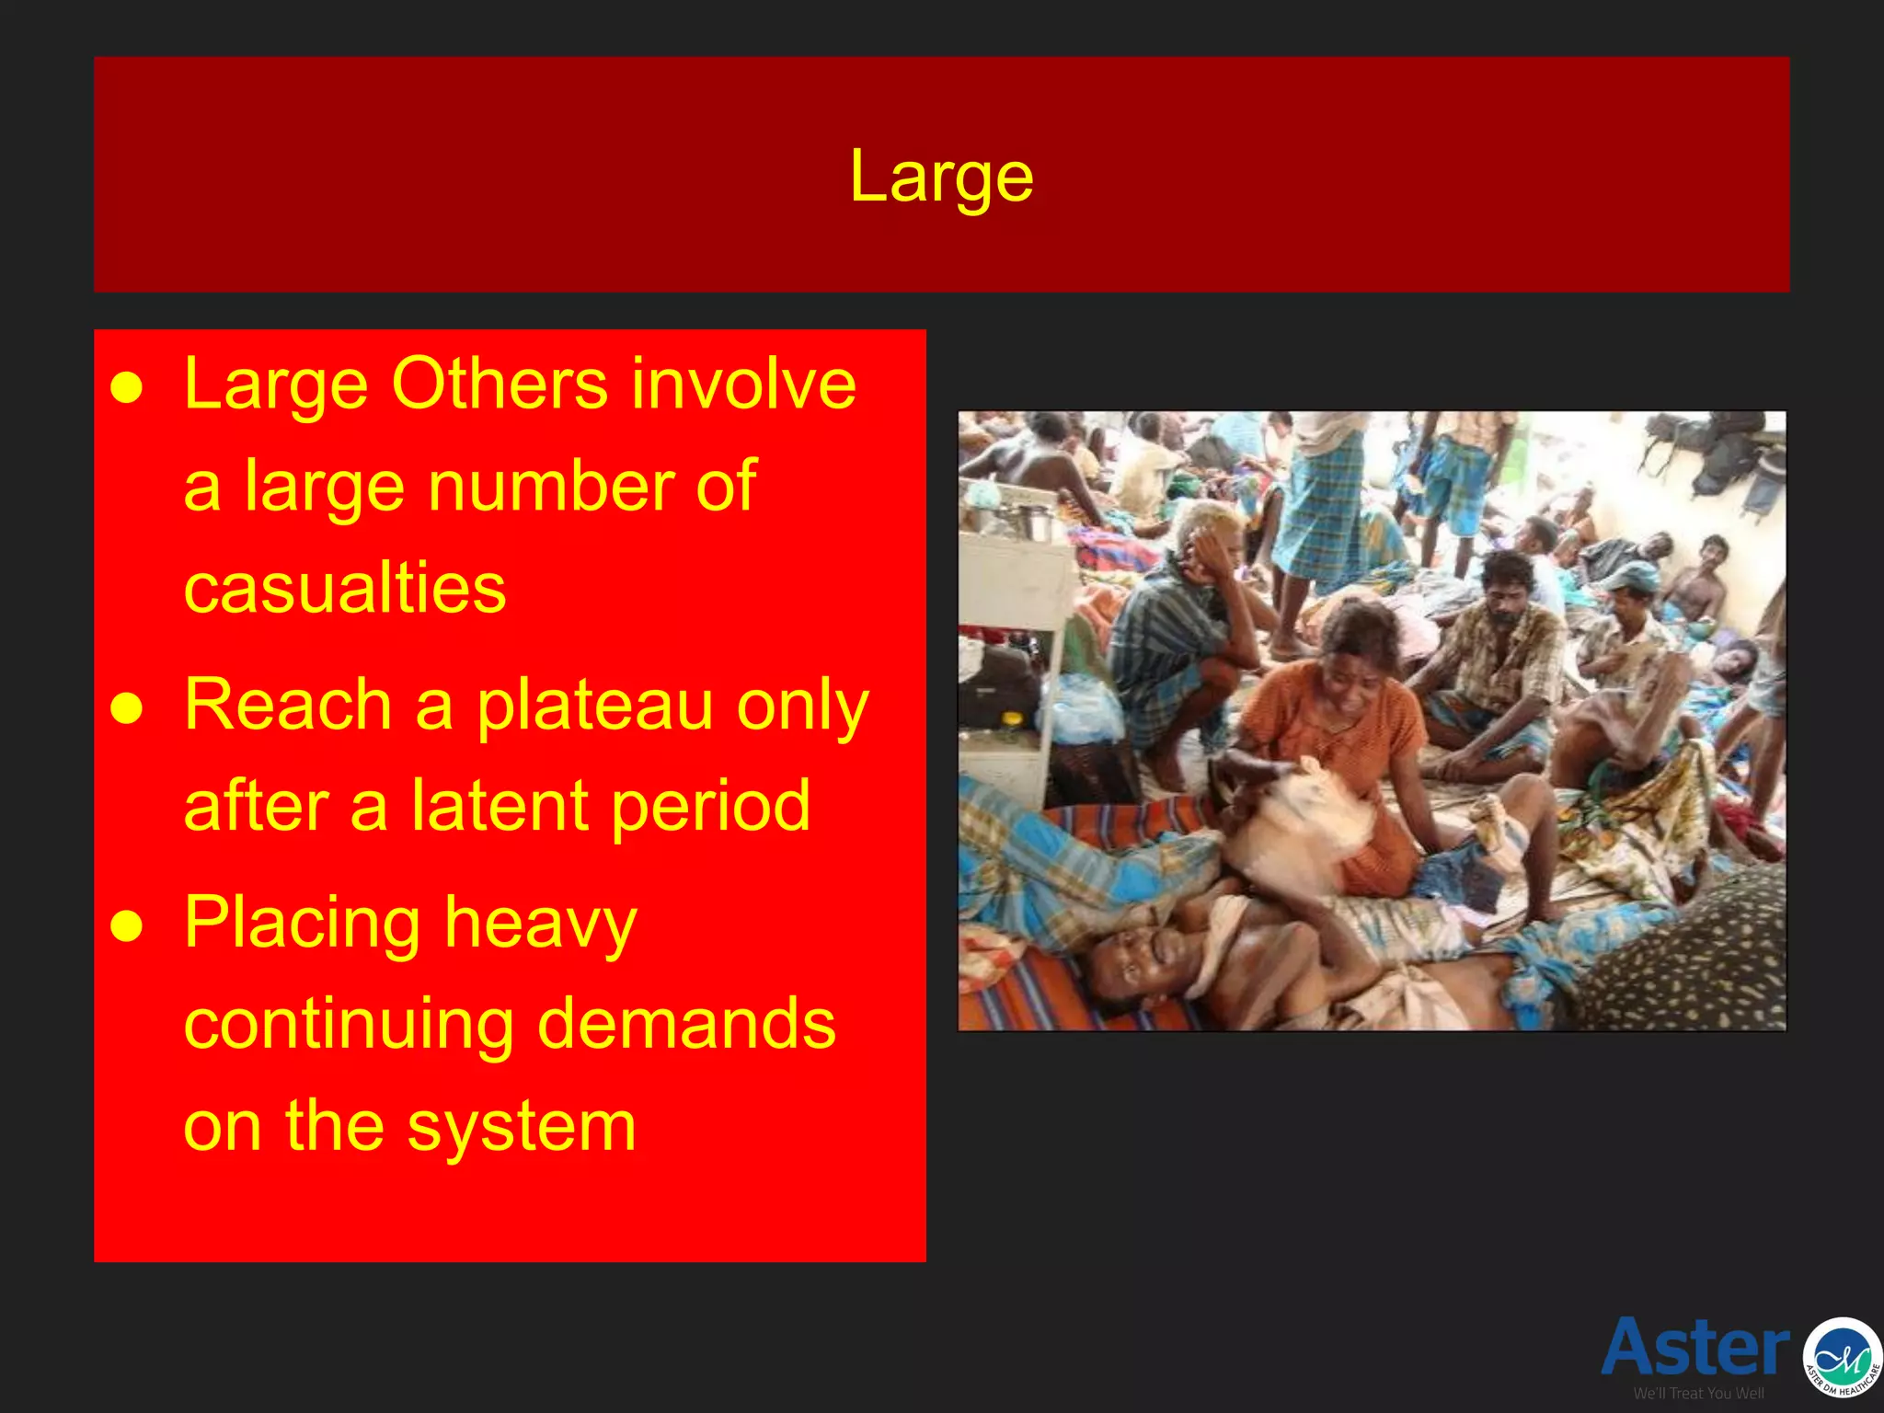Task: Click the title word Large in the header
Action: point(941,177)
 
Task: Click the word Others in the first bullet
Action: point(500,384)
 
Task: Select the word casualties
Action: point(345,588)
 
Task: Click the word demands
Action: point(686,1024)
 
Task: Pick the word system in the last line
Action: point(522,1126)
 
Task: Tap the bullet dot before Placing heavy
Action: point(127,927)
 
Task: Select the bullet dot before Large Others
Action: point(127,388)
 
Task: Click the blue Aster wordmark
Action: point(1695,1347)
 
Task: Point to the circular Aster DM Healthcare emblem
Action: point(1842,1357)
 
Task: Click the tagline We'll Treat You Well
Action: point(1698,1394)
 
